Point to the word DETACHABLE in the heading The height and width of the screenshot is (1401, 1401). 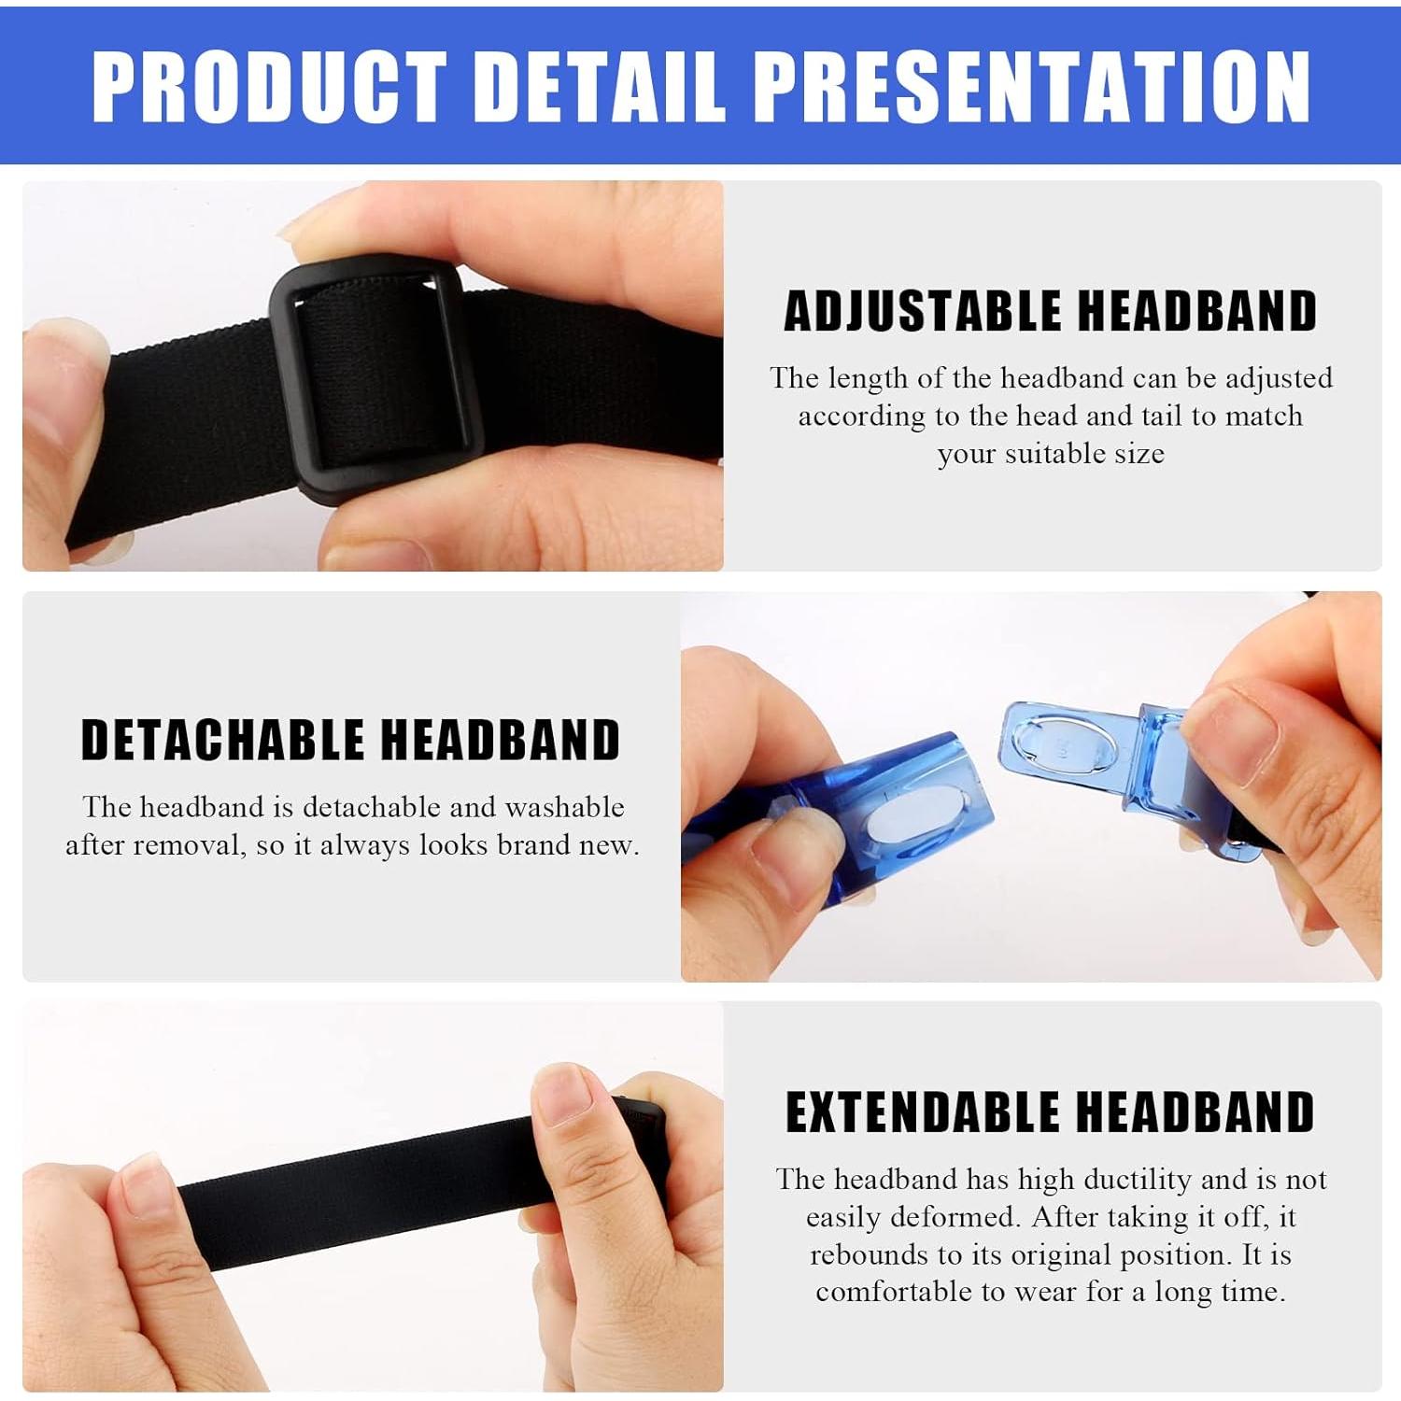(222, 740)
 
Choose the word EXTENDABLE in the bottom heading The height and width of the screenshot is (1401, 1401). (924, 1111)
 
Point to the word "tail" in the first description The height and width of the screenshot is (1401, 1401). (1161, 416)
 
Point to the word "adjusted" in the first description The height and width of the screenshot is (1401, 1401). (1279, 379)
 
